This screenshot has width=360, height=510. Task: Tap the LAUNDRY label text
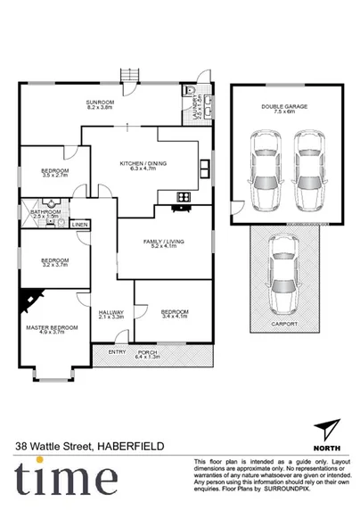coord(195,107)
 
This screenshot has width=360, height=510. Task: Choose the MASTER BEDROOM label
coord(53,327)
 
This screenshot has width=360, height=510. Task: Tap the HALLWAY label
coord(110,312)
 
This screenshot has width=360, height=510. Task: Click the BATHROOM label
coord(45,211)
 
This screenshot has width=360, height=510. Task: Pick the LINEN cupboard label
coord(79,225)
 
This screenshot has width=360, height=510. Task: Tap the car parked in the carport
coord(281,267)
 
